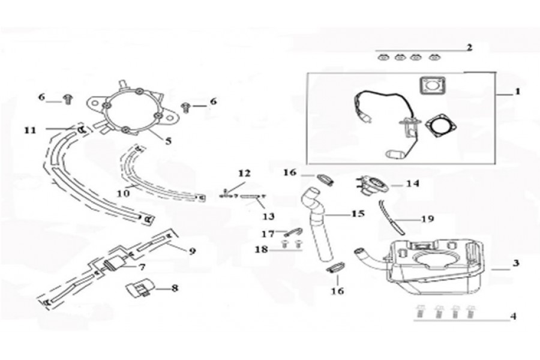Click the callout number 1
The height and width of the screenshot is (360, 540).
517,92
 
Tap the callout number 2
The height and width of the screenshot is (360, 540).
469,47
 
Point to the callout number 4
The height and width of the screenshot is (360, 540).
513,316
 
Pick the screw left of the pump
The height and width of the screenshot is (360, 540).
68,100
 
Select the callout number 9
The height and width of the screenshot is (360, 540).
192,251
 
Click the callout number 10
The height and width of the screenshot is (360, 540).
123,193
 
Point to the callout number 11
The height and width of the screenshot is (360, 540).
31,130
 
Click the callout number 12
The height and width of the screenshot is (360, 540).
244,173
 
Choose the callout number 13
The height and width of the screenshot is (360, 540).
268,216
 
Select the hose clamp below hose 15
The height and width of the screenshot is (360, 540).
335,268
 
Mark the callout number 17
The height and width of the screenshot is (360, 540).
268,234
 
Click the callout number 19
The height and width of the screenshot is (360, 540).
427,219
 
